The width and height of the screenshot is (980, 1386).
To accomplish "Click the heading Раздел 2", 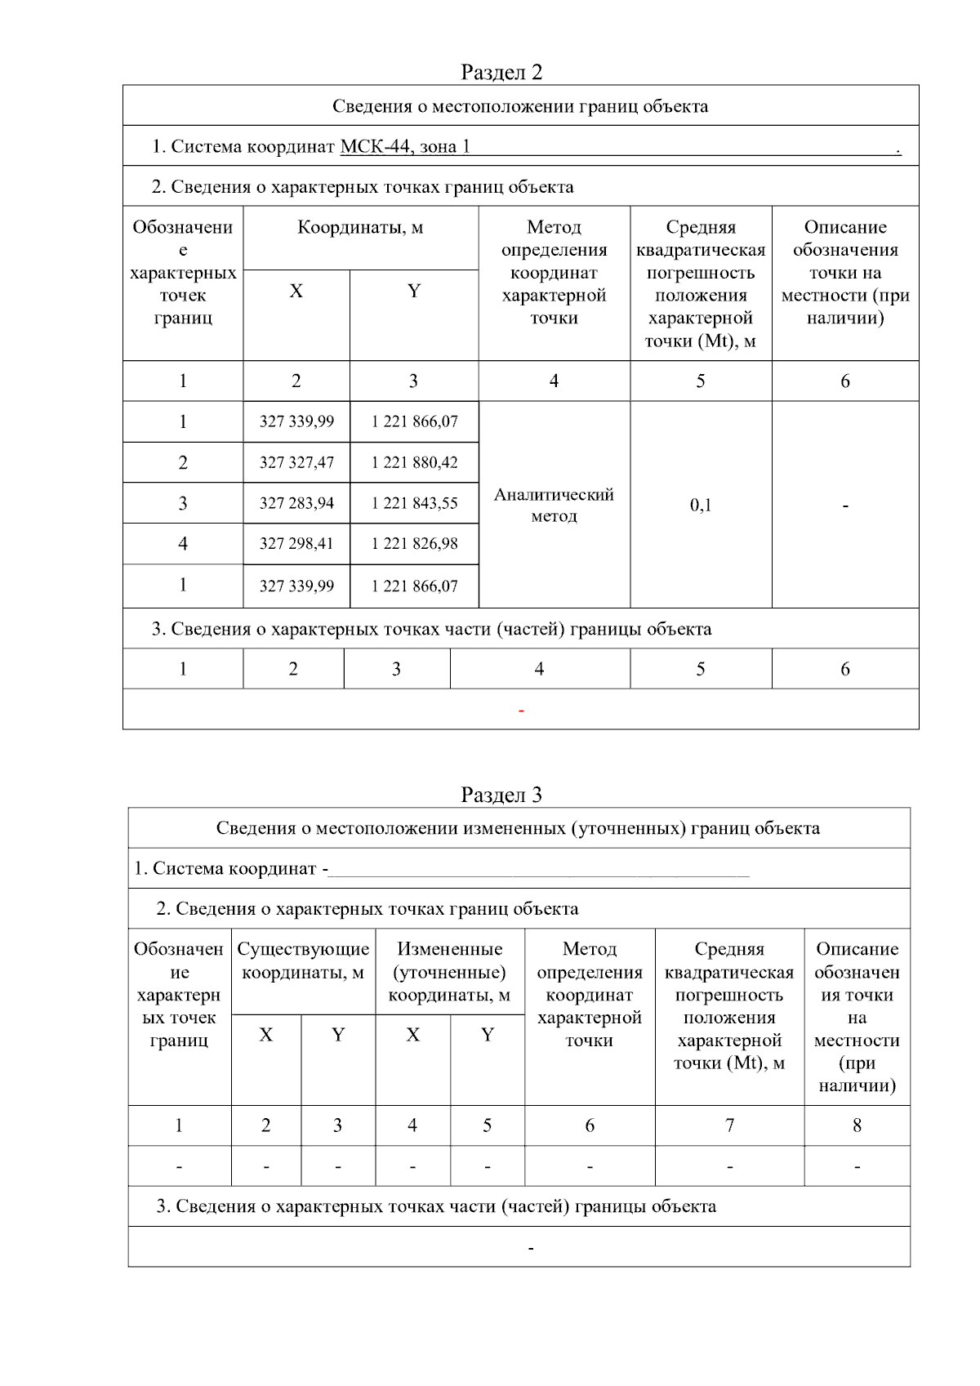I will (501, 72).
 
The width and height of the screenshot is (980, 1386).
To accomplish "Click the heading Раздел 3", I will (501, 795).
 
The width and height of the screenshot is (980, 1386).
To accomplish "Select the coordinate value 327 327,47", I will (296, 462).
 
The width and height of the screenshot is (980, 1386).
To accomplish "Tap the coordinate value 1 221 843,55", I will (414, 503).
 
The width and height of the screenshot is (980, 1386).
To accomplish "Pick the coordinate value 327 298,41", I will (296, 543).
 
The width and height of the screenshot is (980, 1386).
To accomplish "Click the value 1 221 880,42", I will (414, 462).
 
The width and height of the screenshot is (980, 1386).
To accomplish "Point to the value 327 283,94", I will (296, 503).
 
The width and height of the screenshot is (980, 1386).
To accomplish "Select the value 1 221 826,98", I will (414, 543).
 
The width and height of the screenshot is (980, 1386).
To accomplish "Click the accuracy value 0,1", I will (701, 505).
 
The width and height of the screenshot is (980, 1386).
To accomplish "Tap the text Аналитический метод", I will (554, 505).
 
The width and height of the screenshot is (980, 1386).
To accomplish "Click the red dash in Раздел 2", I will (521, 711).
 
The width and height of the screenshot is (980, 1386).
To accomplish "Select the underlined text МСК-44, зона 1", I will (405, 147).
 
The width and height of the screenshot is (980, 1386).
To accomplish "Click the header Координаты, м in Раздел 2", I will (360, 227).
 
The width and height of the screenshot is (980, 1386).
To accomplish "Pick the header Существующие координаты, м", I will (303, 960).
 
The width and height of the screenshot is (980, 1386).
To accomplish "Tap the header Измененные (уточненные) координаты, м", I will (449, 972).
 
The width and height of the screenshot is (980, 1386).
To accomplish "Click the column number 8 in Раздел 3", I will (857, 1125).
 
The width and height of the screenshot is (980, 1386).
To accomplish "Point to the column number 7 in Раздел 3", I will (729, 1125).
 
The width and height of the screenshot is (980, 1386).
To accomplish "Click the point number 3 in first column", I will (183, 503).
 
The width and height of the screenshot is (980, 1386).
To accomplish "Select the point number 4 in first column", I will (183, 543).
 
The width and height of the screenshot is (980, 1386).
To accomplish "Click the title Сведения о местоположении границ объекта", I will (520, 106).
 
